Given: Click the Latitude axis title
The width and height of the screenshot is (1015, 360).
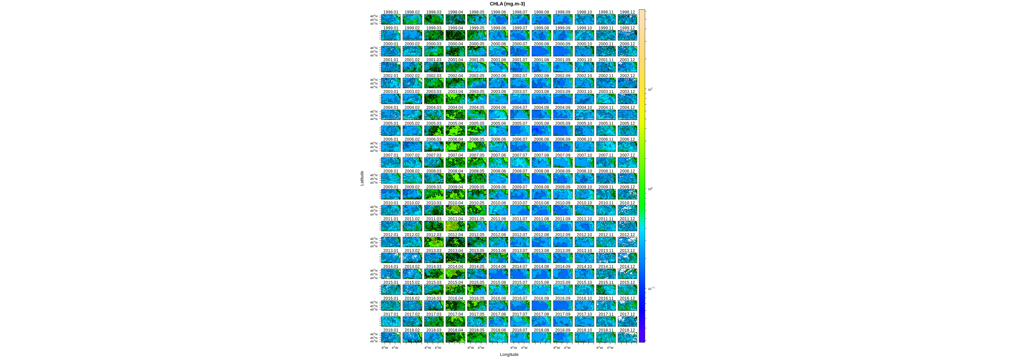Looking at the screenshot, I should click(x=362, y=178).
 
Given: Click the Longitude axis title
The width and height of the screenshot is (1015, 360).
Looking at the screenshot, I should click(x=509, y=355).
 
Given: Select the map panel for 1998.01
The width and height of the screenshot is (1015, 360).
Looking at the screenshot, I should click(x=390, y=20).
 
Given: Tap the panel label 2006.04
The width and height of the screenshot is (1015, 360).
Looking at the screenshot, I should click(x=455, y=139).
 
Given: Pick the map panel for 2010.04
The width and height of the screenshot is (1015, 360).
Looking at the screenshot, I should click(x=455, y=210).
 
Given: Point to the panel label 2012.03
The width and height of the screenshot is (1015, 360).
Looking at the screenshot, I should click(x=434, y=235).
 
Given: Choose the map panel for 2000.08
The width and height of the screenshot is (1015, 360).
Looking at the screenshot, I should click(x=541, y=51).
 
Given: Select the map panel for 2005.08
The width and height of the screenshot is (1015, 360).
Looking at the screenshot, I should click(x=541, y=131).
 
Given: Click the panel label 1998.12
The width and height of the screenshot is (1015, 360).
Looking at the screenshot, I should click(x=627, y=12).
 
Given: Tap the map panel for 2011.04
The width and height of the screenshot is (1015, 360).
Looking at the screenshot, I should click(x=455, y=226).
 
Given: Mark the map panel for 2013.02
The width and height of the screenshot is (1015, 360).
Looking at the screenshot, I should click(x=412, y=258).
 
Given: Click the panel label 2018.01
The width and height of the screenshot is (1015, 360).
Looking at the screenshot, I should click(x=390, y=330).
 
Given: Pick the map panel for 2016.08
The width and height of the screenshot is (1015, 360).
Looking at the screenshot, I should click(x=541, y=306).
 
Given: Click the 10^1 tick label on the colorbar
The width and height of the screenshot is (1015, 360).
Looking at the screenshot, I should click(x=650, y=89).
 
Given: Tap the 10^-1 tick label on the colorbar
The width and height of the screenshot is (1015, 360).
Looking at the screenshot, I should click(x=651, y=289).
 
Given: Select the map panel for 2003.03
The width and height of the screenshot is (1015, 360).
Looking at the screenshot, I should click(x=434, y=99).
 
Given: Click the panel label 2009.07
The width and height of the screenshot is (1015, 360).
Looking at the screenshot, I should click(x=520, y=187).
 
